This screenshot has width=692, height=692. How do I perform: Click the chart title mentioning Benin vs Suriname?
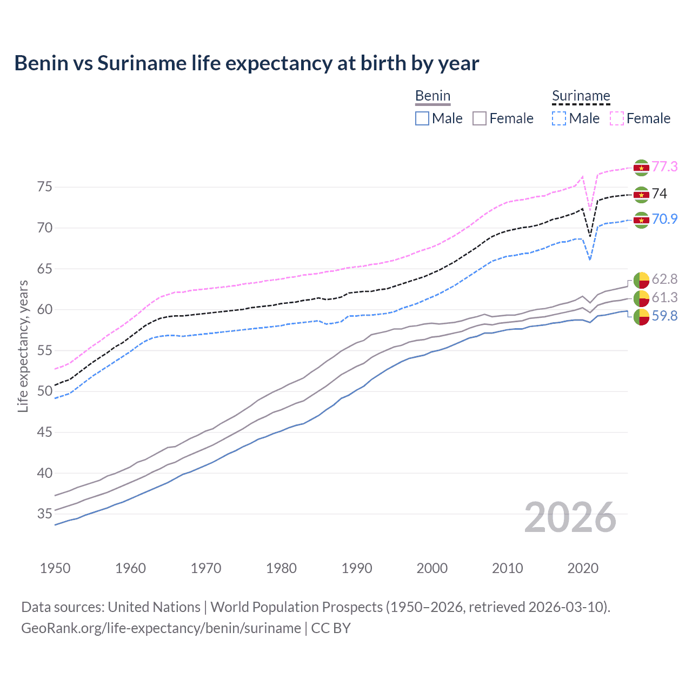[x=247, y=63]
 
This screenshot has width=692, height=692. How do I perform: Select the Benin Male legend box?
[x=422, y=118]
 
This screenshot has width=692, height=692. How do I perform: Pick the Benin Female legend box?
[x=480, y=118]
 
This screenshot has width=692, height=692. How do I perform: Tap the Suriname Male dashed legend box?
[x=559, y=118]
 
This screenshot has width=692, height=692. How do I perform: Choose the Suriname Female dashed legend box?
[x=617, y=118]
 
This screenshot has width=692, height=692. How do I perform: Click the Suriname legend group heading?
[x=581, y=96]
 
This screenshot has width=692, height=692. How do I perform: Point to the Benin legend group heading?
[x=432, y=96]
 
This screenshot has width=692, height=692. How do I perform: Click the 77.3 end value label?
[x=664, y=167]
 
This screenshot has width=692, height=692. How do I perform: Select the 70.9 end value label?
[x=664, y=219]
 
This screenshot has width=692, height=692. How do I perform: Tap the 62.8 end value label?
[x=664, y=279]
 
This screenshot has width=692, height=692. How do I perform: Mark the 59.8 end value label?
[x=664, y=316]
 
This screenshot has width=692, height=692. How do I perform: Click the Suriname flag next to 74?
[x=641, y=195]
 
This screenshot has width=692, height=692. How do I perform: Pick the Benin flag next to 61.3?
[x=641, y=298]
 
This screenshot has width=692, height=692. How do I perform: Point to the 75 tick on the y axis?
[x=45, y=187]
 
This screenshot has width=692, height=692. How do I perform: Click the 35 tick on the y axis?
[x=45, y=514]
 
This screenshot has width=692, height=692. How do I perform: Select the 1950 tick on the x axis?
[x=55, y=568]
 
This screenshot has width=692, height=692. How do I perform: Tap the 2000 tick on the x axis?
[x=432, y=568]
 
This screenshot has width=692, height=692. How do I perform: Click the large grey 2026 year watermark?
[x=570, y=517]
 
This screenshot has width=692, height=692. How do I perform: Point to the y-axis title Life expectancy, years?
[x=23, y=346]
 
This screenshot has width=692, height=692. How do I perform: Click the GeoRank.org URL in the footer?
[x=161, y=628]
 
